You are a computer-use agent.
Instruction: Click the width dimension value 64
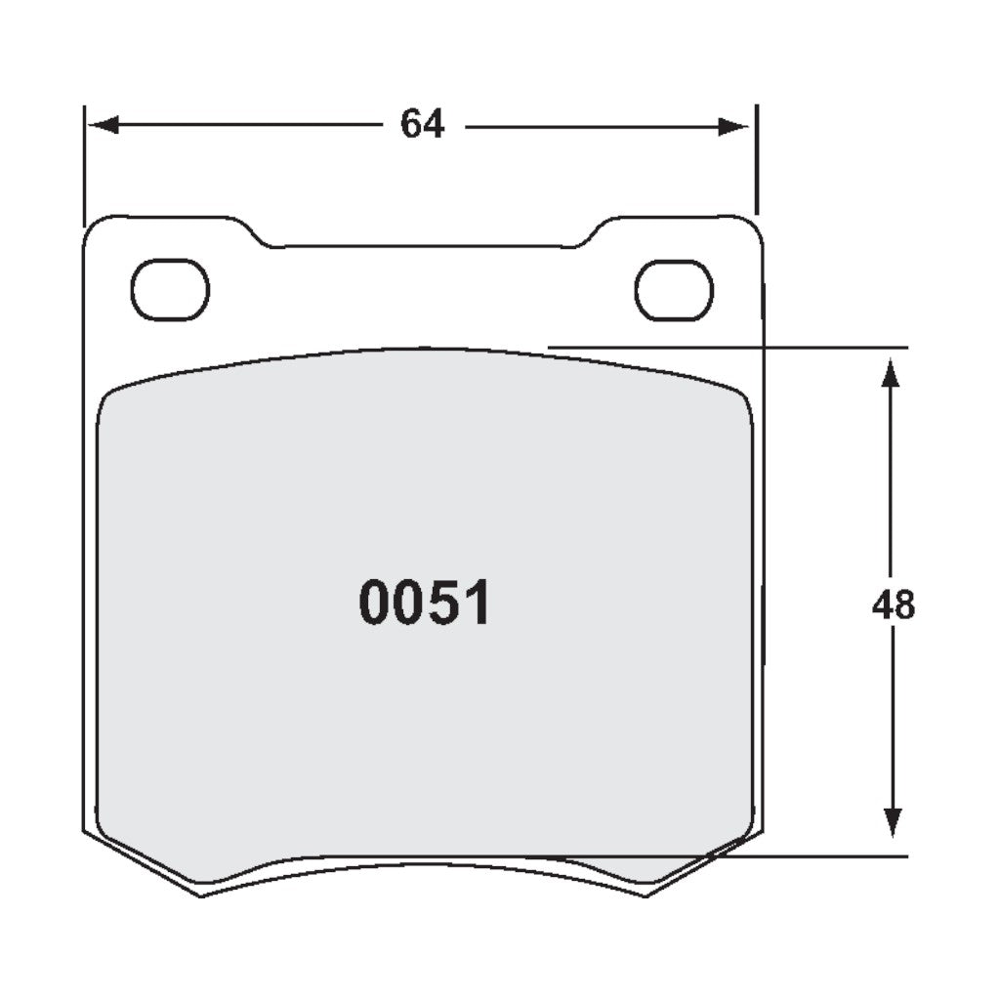pyautogui.click(x=423, y=125)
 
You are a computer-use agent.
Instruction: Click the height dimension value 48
pyautogui.click(x=893, y=605)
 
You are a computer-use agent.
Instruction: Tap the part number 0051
pyautogui.click(x=425, y=604)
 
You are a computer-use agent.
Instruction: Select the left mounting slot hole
pyautogui.click(x=170, y=290)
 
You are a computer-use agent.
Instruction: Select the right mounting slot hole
pyautogui.click(x=674, y=290)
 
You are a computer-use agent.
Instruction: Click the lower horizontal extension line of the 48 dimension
pyautogui.click(x=830, y=856)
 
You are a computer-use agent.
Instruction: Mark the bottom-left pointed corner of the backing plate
pyautogui.click(x=201, y=896)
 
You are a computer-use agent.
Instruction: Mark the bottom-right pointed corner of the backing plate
pyautogui.click(x=647, y=896)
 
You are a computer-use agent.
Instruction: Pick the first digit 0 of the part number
pyautogui.click(x=376, y=604)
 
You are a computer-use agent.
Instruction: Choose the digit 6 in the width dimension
pyautogui.click(x=411, y=125)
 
